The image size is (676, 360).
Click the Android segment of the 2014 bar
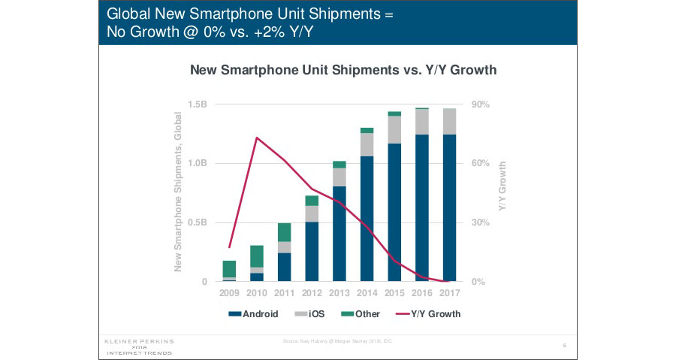pyautogui.click(x=367, y=218)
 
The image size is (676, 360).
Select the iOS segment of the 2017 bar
pyautogui.click(x=449, y=121)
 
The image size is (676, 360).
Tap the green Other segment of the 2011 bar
pyautogui.click(x=284, y=232)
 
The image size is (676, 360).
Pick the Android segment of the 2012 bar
pyautogui.click(x=312, y=252)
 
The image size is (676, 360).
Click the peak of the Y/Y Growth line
pyautogui.click(x=257, y=138)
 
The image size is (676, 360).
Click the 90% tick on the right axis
pyautogui.click(x=480, y=104)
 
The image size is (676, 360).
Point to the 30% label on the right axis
pyautogui.click(x=480, y=222)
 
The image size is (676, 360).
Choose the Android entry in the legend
pyautogui.click(x=255, y=313)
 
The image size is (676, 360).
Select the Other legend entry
pyautogui.click(x=361, y=313)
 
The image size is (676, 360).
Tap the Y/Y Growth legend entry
pyautogui.click(x=428, y=313)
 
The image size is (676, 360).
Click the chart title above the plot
pyautogui.click(x=343, y=70)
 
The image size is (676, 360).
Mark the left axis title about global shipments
pyautogui.click(x=179, y=192)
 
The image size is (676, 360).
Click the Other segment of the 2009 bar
pyautogui.click(x=229, y=268)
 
